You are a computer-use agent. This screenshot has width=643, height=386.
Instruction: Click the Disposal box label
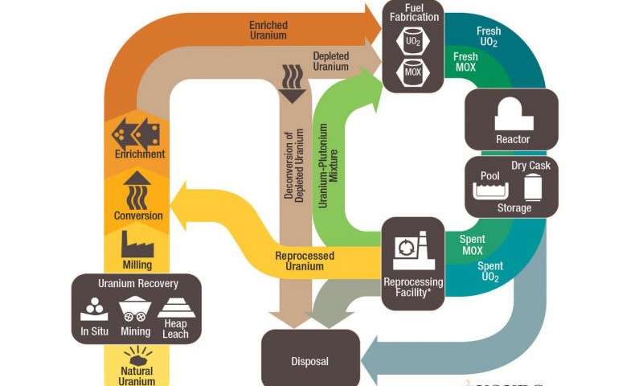(310, 361)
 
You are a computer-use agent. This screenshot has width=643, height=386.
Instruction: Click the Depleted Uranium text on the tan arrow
(330, 61)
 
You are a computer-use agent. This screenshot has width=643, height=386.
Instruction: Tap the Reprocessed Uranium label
(305, 261)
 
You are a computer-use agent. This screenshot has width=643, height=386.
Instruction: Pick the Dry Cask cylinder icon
(531, 187)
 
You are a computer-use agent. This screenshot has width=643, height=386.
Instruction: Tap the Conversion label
(138, 216)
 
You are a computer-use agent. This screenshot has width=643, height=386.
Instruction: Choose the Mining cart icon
(136, 309)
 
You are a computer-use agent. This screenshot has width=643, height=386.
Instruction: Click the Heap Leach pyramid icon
(175, 306)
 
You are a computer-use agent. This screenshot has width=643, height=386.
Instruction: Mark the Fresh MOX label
(466, 63)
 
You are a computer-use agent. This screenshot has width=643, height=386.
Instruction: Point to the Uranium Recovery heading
(137, 284)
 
